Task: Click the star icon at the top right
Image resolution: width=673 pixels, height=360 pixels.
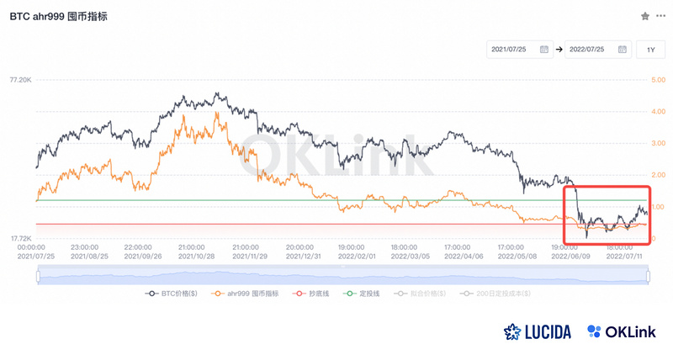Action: tap(645, 16)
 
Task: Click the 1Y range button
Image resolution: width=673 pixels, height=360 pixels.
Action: tap(650, 50)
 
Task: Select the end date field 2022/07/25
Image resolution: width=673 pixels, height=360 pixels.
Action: tap(598, 50)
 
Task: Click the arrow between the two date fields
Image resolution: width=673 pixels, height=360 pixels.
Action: tap(559, 50)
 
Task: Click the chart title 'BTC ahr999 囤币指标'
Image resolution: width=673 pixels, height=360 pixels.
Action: tap(58, 16)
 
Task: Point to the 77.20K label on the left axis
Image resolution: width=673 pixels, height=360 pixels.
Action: tap(20, 80)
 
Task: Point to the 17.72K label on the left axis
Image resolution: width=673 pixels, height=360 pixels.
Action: tap(20, 239)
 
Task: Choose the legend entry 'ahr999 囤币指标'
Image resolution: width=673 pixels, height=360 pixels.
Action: tap(250, 294)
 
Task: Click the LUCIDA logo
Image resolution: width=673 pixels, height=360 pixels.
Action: tap(538, 331)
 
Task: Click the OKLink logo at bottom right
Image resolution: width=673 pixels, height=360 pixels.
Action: tap(623, 331)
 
